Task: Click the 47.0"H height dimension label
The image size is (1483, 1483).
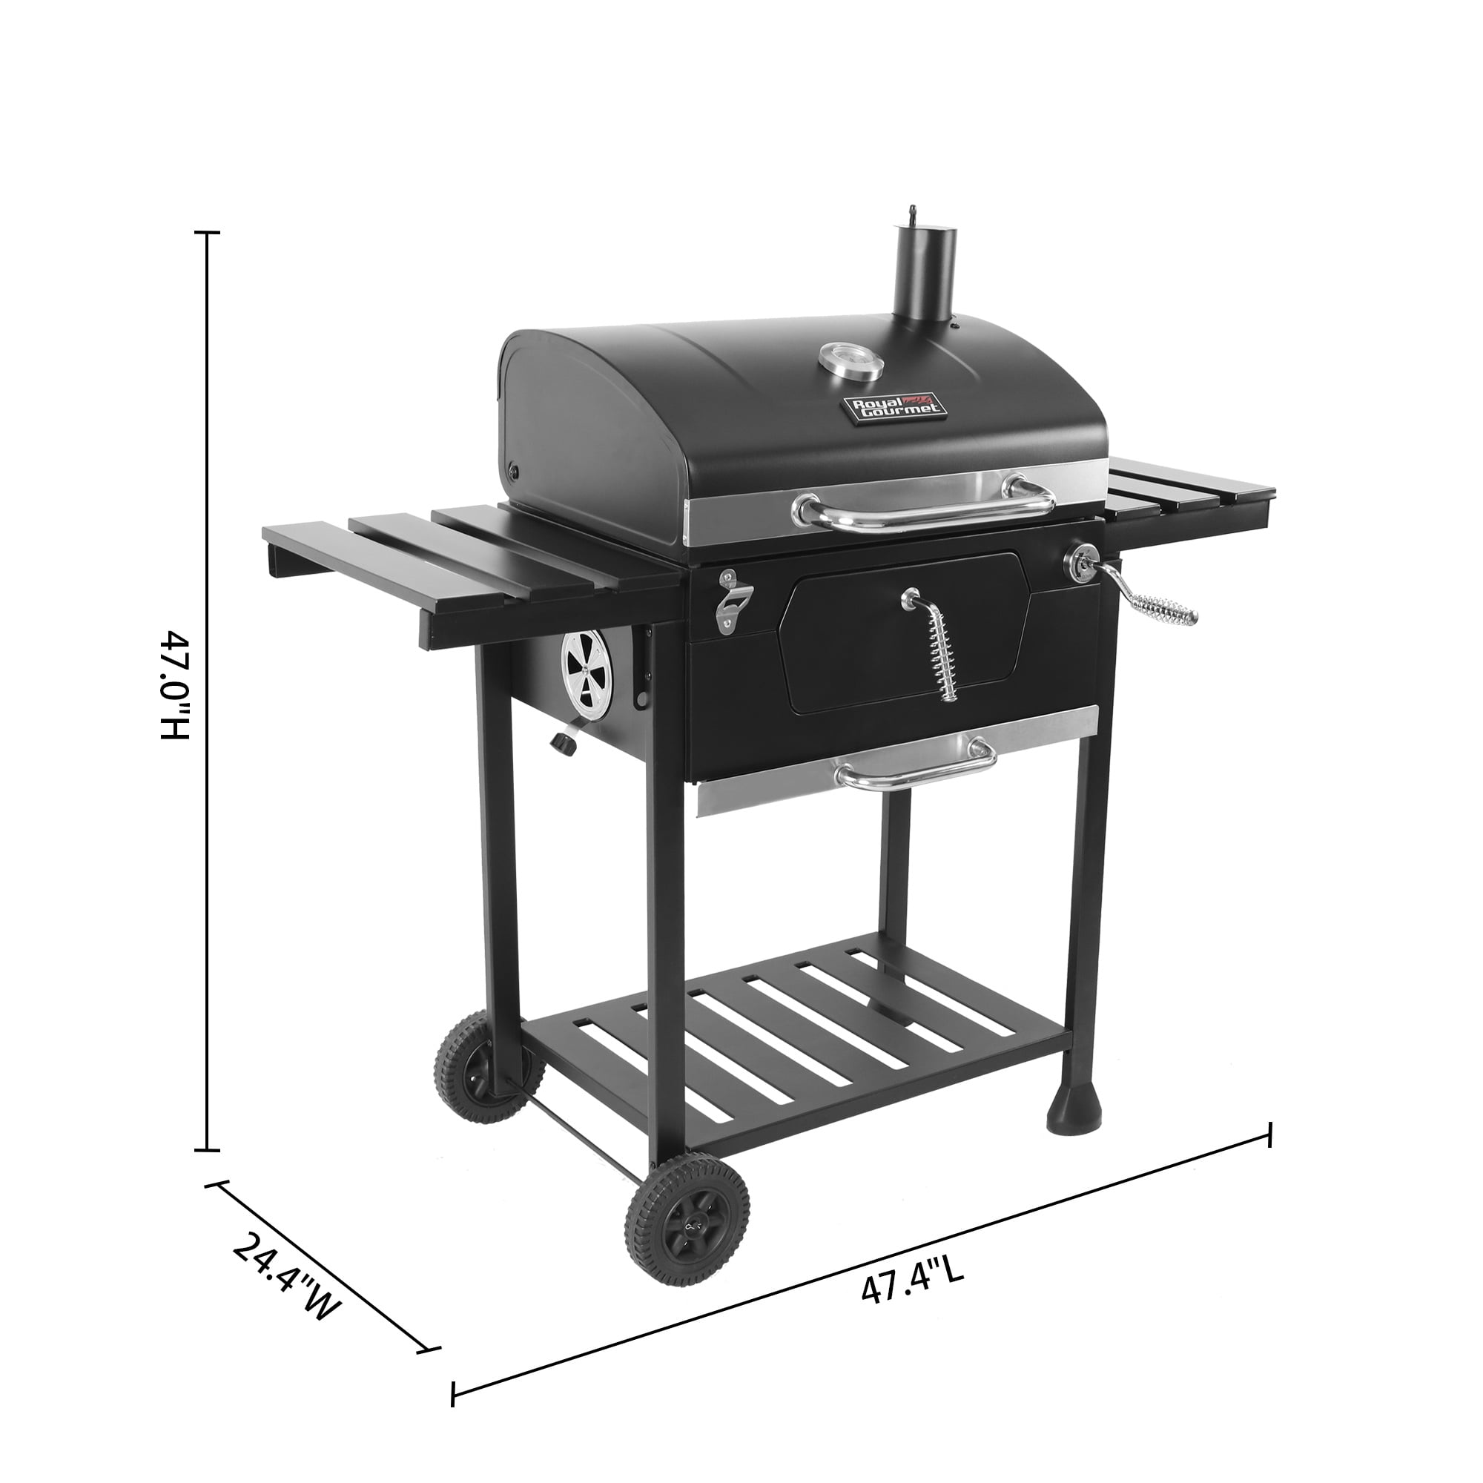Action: click(175, 685)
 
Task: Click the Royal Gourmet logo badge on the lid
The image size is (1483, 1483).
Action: click(893, 408)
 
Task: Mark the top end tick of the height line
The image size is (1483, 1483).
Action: click(208, 232)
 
